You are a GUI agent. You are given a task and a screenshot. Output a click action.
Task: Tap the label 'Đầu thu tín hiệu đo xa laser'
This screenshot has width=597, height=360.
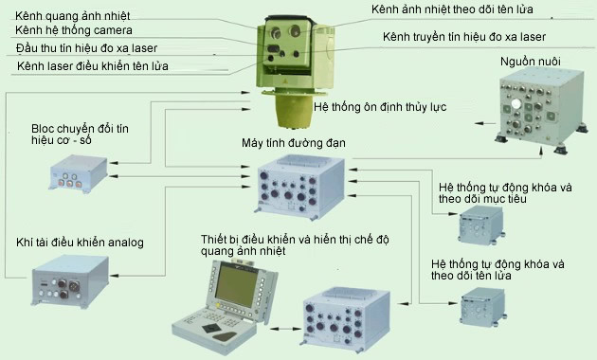tap(86, 47)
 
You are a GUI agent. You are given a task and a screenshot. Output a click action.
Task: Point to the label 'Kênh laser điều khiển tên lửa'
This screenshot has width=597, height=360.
tap(91, 66)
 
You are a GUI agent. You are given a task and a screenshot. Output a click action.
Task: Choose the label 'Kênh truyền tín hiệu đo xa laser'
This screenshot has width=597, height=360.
tap(465, 36)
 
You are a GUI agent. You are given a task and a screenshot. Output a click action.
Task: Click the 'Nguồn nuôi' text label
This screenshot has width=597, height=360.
tap(520, 62)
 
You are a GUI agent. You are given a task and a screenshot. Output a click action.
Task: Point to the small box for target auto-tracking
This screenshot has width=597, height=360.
tap(482, 224)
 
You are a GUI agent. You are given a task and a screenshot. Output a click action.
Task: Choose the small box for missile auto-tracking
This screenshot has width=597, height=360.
tap(482, 309)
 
